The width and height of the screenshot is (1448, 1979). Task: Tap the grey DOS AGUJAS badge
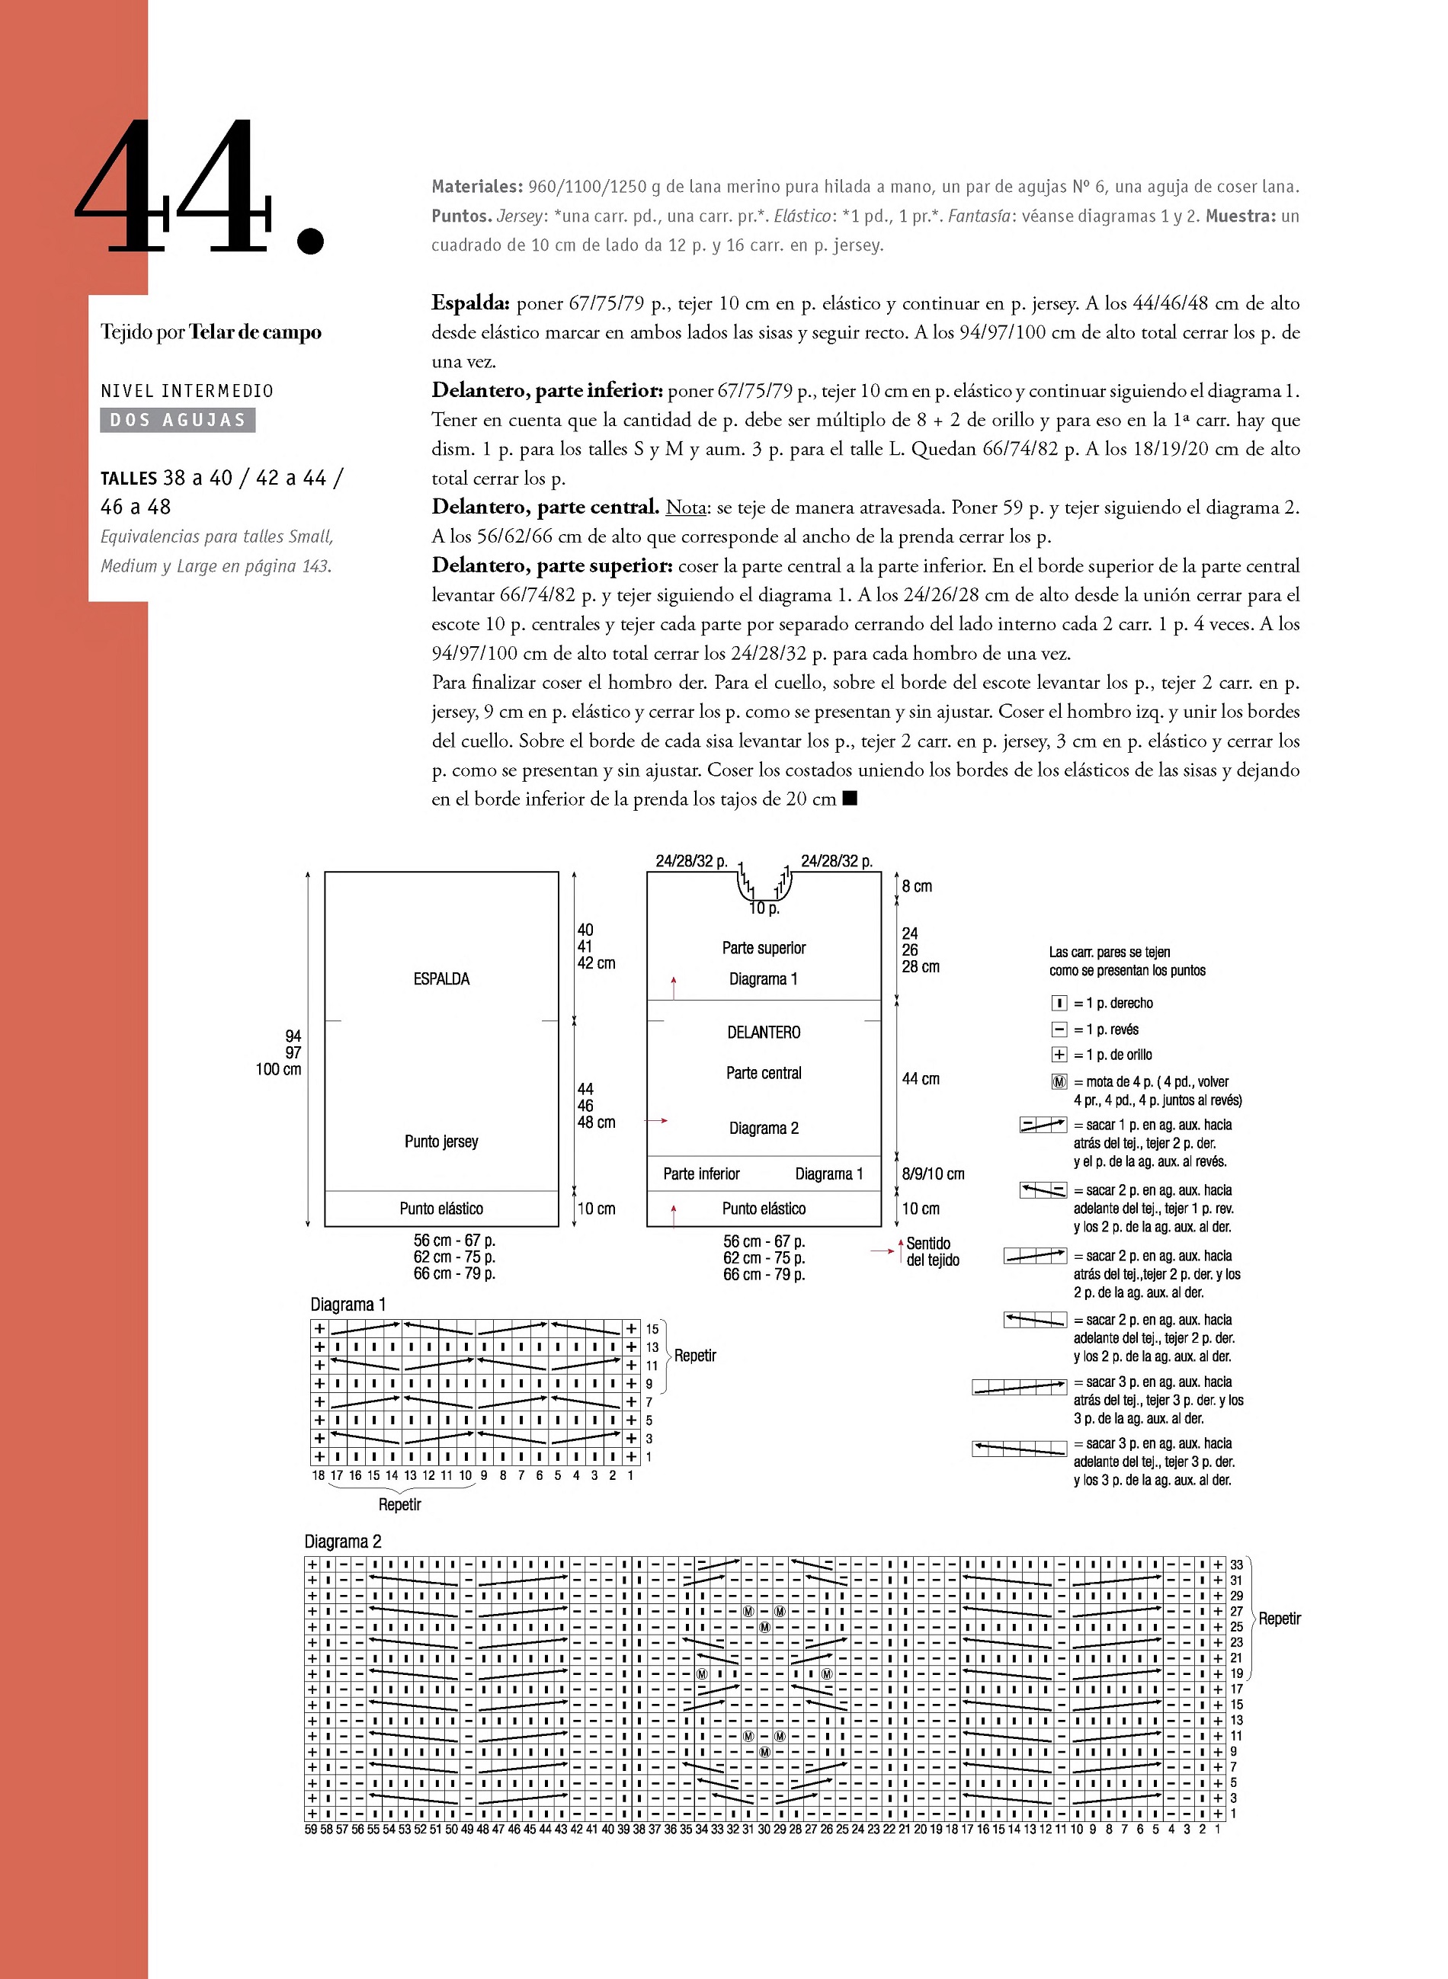[x=178, y=420]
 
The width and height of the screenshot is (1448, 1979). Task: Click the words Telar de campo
[x=255, y=332]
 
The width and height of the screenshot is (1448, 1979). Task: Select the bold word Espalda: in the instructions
[x=469, y=303]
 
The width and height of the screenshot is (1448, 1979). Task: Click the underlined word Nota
[x=685, y=508]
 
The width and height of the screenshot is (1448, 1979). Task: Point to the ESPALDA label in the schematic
[x=441, y=979]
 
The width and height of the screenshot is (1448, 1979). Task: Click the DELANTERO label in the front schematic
[x=764, y=1033]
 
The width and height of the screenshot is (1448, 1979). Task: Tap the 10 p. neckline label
[x=764, y=908]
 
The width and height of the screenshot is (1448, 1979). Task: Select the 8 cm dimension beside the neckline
[x=917, y=886]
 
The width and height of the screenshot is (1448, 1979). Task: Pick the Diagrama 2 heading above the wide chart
[x=343, y=1542]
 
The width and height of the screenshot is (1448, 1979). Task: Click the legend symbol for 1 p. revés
[x=1059, y=1029]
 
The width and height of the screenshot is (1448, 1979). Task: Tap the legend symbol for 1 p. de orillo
[x=1059, y=1055]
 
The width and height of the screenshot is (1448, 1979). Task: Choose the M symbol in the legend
[x=1059, y=1081]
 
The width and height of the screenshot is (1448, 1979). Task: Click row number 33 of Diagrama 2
[x=1236, y=1564]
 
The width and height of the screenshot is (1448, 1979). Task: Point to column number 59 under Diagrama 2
[x=311, y=1829]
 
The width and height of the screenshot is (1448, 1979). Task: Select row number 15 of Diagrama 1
[x=652, y=1329]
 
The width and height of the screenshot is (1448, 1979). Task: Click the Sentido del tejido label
[x=933, y=1251]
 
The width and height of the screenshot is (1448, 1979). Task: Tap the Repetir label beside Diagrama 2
[x=1280, y=1619]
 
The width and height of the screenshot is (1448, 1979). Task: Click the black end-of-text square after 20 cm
[x=848, y=799]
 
